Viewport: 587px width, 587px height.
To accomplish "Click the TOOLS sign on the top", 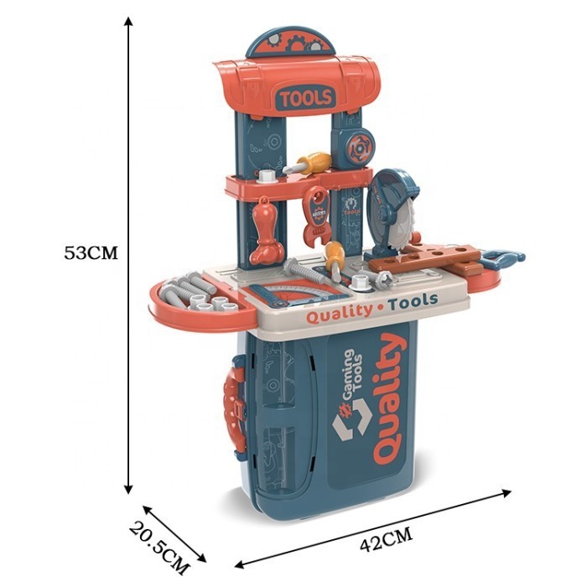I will pos(306,97).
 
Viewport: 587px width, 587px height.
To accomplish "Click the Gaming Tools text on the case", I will pos(354,374).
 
